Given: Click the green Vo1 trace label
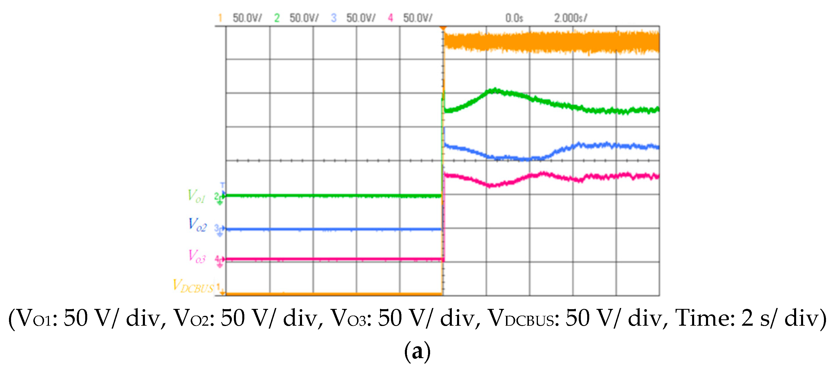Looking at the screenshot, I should [x=196, y=196].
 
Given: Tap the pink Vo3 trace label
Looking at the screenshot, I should [x=197, y=256].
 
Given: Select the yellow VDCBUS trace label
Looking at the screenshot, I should [x=193, y=286].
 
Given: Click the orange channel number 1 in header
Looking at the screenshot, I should [x=220, y=18].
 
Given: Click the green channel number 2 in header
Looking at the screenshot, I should [x=276, y=18].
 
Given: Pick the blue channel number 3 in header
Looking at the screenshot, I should [x=333, y=18].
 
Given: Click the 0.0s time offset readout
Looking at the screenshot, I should [x=514, y=18].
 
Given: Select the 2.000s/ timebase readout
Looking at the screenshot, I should [x=571, y=18].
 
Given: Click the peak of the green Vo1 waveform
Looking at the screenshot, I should [x=494, y=90].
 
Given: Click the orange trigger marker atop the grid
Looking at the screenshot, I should [x=443, y=28].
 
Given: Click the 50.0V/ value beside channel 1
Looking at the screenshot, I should [x=247, y=18].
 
